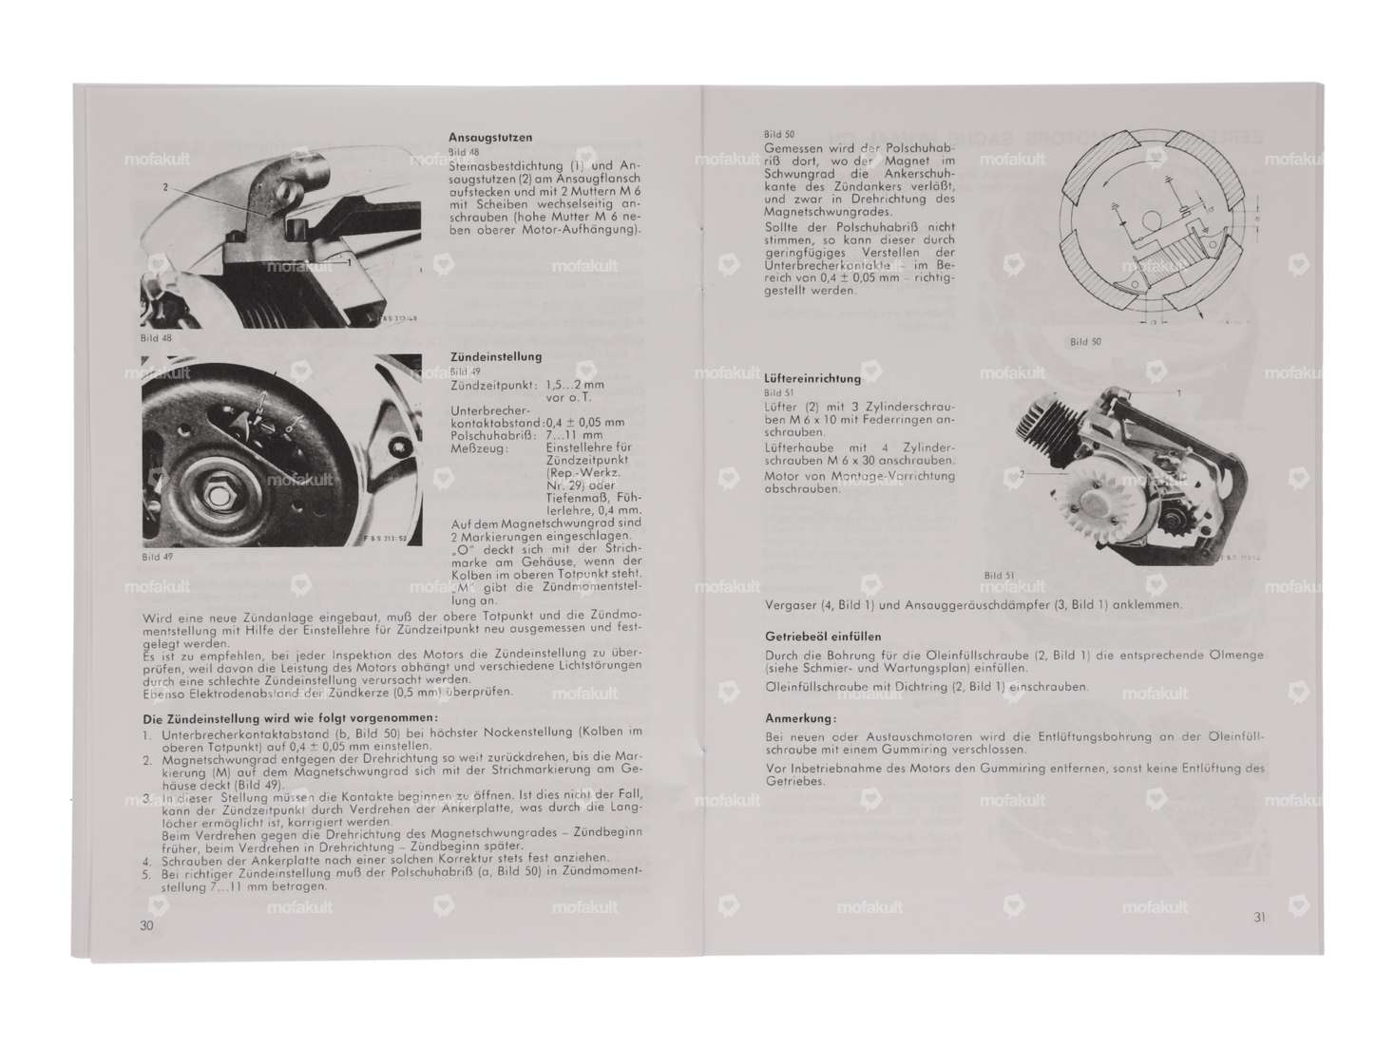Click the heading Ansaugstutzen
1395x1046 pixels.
click(489, 138)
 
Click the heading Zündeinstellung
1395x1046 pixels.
click(495, 357)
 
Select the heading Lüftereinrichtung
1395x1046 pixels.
click(812, 379)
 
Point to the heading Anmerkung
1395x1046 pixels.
click(800, 718)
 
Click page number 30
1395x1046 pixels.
click(146, 924)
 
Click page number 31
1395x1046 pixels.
click(1259, 917)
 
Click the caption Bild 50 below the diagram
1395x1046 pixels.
click(1085, 342)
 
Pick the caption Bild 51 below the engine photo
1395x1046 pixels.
click(1000, 576)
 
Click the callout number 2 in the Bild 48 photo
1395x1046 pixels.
click(165, 187)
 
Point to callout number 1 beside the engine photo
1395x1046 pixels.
click(1179, 392)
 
